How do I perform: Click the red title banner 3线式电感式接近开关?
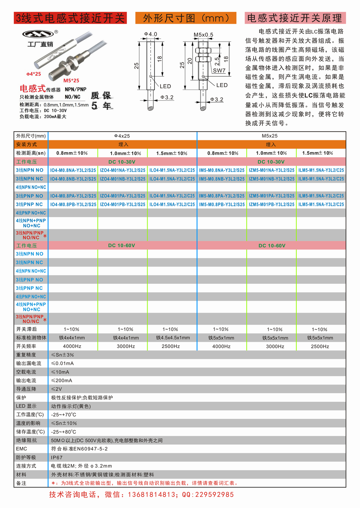click(70, 18)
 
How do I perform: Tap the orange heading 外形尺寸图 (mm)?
click(186, 18)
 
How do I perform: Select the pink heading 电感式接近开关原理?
click(295, 18)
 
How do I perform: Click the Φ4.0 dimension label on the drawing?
click(151, 34)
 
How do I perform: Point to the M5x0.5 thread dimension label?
click(203, 35)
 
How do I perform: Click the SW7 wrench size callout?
click(219, 71)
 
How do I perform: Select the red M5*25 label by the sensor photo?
click(71, 81)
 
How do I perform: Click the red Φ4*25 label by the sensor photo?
click(33, 74)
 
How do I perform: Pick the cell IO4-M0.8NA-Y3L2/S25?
click(73, 170)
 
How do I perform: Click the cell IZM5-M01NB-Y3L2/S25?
click(271, 179)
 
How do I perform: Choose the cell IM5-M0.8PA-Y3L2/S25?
click(222, 196)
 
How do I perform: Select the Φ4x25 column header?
click(122, 136)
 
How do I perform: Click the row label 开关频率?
click(26, 346)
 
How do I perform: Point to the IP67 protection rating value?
click(57, 458)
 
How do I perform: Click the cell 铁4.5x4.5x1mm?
click(173, 338)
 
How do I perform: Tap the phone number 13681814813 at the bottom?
click(151, 495)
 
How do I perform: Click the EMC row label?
click(22, 449)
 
